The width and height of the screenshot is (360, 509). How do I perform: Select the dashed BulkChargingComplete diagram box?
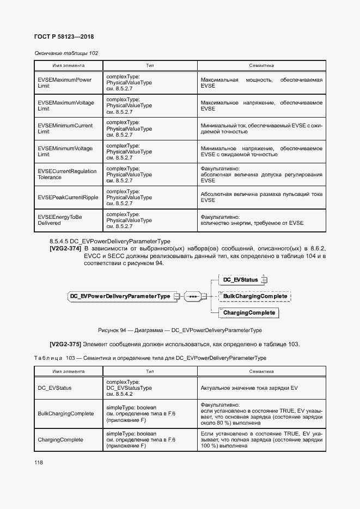coord(255,296)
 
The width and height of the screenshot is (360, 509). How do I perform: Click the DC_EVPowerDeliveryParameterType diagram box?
coord(120,296)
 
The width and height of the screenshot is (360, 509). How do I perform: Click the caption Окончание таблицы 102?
coord(66,53)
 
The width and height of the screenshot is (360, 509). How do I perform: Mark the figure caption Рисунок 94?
coord(180,330)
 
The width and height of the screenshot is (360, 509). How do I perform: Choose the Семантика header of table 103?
coord(261,371)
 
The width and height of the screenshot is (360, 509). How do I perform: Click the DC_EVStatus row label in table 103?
coord(54,388)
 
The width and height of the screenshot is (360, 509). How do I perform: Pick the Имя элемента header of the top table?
coord(68,65)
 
